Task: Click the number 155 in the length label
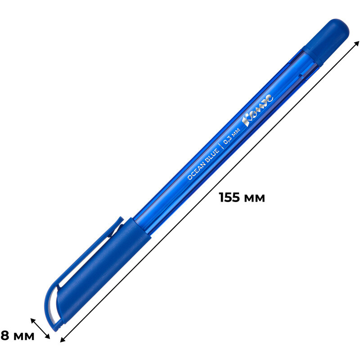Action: (x=229, y=197)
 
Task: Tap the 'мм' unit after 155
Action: (x=254, y=198)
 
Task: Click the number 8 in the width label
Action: (x=5, y=335)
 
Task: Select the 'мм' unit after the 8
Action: (x=24, y=337)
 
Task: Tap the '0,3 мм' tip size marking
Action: (x=232, y=136)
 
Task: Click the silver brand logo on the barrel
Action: (x=257, y=110)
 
